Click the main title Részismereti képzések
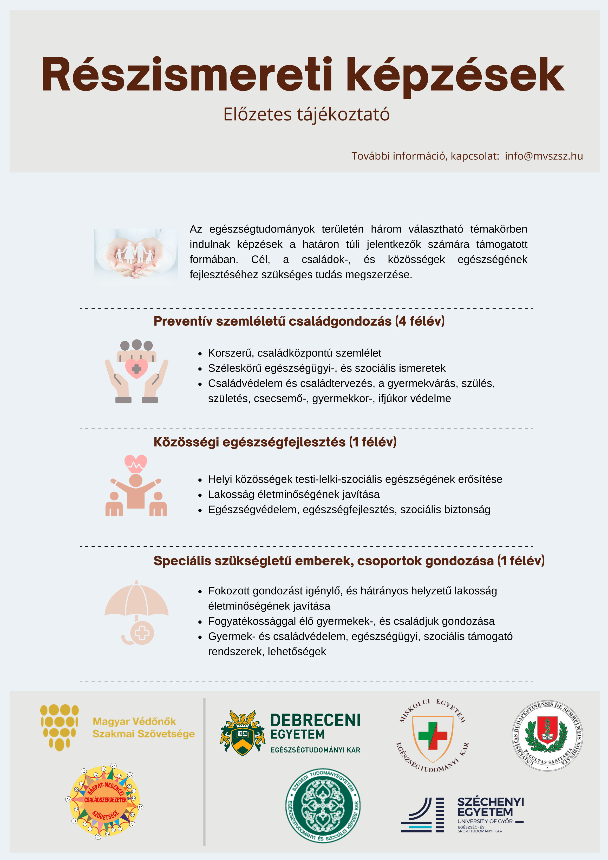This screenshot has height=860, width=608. (303, 75)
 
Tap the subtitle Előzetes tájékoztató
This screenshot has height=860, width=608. (306, 114)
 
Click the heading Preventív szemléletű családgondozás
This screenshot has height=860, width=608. (299, 321)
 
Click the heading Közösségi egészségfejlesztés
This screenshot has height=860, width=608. (275, 442)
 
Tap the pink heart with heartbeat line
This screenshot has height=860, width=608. (135, 464)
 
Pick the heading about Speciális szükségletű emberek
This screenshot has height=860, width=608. (349, 561)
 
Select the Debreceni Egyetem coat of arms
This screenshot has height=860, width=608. (242, 733)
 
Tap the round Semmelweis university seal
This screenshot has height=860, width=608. (547, 736)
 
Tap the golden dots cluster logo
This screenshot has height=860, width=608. (59, 727)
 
